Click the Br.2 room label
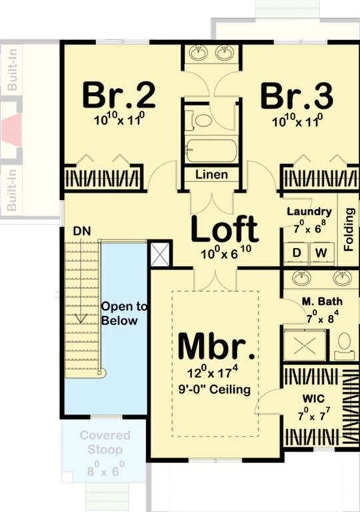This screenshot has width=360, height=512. click(x=119, y=96)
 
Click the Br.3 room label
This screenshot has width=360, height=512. click(x=297, y=96)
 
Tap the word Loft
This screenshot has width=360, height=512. click(x=225, y=229)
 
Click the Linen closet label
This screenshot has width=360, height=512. click(x=211, y=175)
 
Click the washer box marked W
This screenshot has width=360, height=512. click(x=321, y=253)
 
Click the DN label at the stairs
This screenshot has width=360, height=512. click(x=82, y=231)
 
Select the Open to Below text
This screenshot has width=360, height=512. click(x=120, y=313)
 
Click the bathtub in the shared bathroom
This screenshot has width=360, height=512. click(x=211, y=151)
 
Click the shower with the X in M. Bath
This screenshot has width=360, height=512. click(x=303, y=343)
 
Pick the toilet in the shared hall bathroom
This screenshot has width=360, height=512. click(x=201, y=120)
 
